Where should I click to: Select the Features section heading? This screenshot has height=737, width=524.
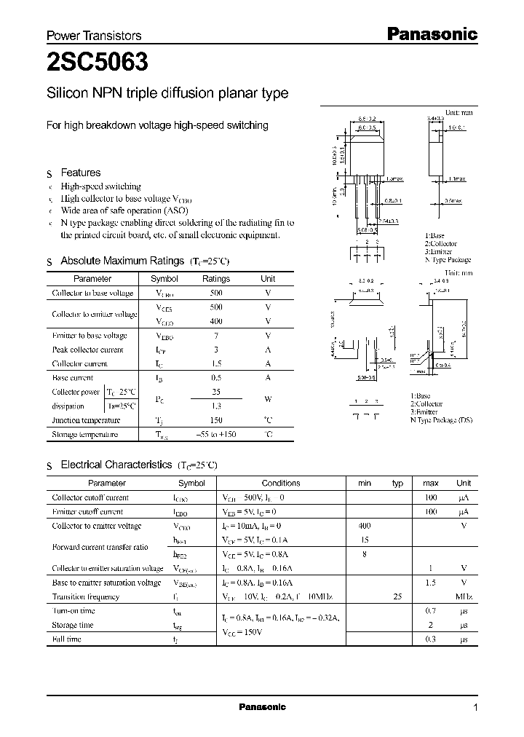[80, 173]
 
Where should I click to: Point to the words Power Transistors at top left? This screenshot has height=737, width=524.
[94, 36]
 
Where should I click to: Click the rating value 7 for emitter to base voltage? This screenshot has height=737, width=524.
[215, 336]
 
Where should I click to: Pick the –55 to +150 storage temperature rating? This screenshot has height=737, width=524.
[216, 435]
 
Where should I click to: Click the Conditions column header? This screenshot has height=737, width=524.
[280, 483]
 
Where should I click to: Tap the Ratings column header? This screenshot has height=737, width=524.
[215, 279]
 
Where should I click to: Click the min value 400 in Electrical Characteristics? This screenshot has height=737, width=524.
[365, 526]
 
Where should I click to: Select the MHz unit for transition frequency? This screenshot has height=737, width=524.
[463, 596]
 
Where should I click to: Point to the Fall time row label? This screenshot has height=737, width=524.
[67, 639]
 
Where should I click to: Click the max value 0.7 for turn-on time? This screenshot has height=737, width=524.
[430, 611]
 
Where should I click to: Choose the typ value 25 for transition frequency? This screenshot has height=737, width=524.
[397, 596]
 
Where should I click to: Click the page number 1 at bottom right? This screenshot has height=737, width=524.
[475, 708]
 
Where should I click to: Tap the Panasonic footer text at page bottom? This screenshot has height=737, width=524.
[262, 707]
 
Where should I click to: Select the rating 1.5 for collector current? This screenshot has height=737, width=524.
[215, 363]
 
